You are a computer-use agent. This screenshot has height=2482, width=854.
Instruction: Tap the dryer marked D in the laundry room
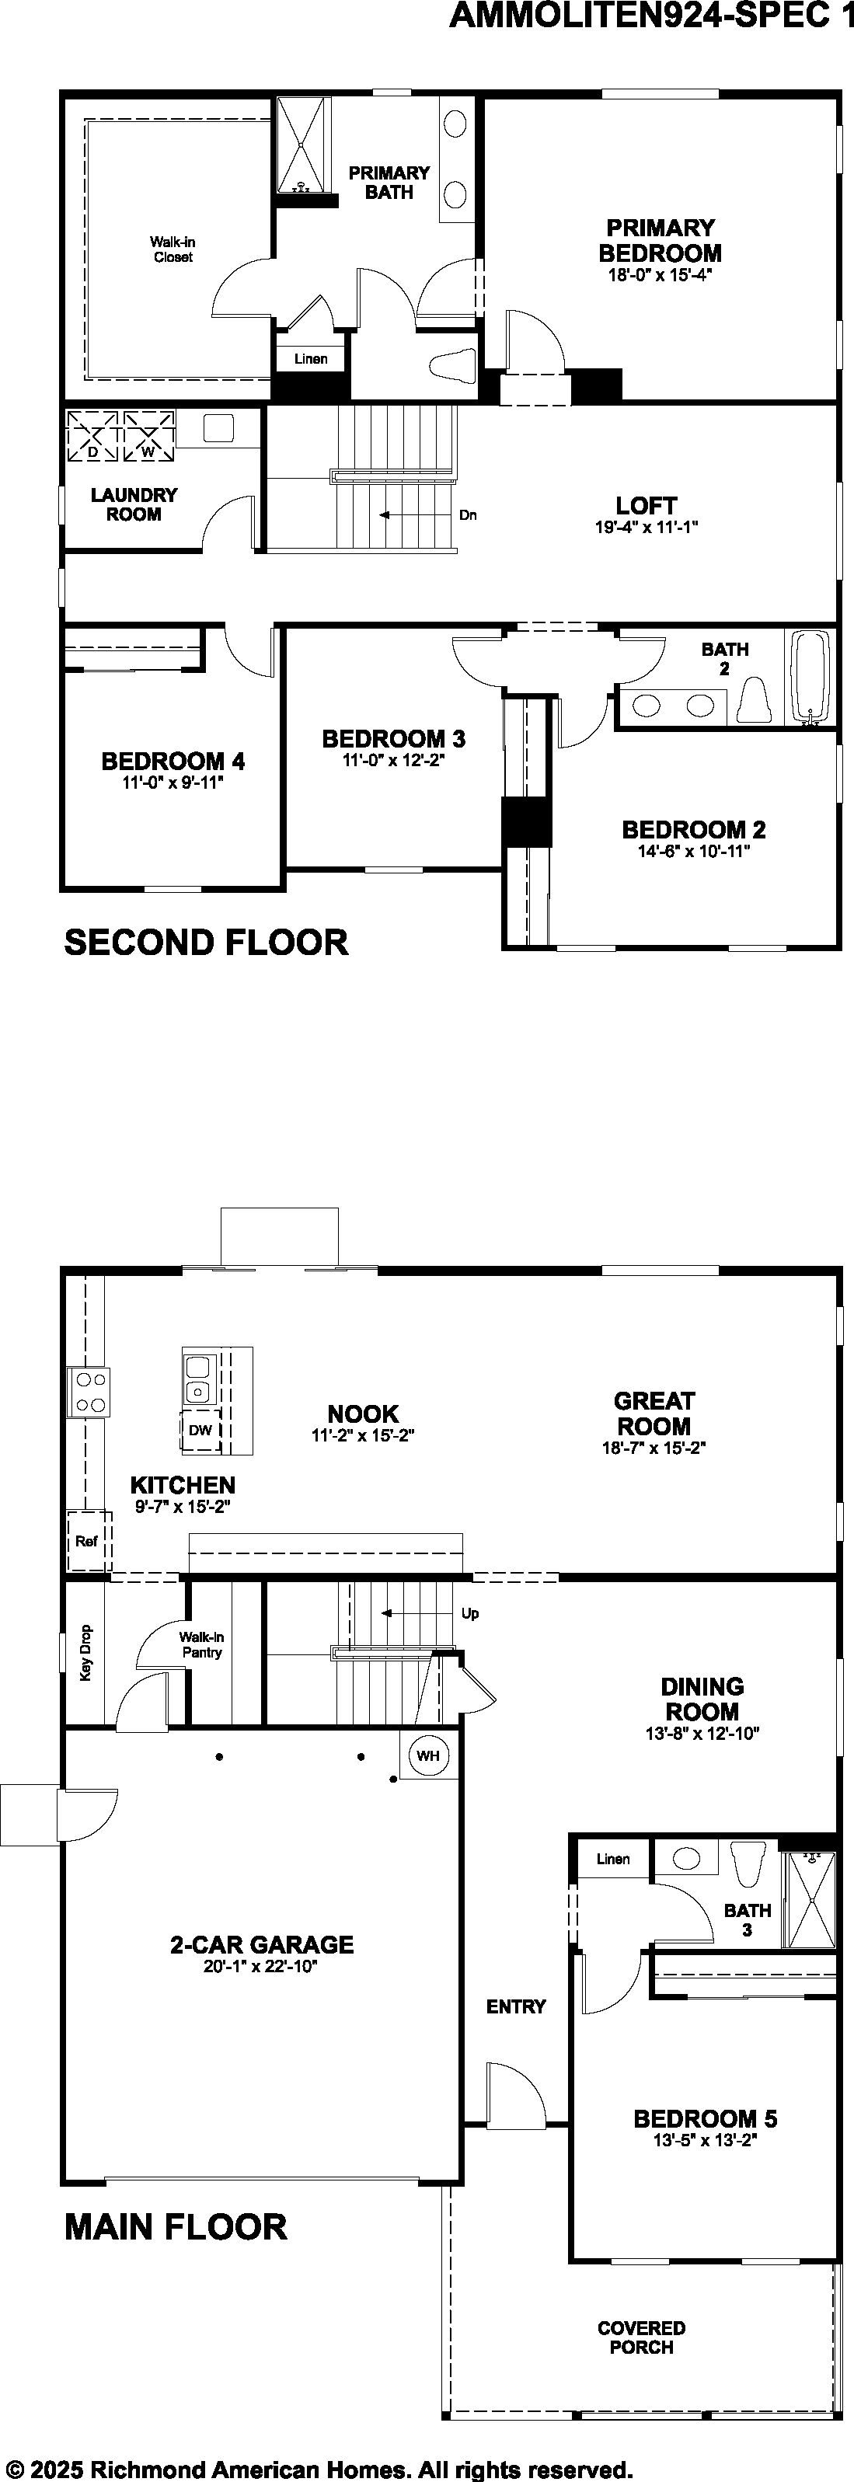92,437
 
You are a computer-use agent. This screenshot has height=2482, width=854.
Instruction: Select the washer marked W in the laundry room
148,437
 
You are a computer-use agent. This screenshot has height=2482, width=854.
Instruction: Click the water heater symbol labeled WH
428,1755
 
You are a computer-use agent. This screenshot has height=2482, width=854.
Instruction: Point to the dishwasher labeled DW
200,1430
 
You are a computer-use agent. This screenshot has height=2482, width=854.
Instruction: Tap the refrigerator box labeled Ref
88,1541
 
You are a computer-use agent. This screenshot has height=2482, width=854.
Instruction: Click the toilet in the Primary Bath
452,366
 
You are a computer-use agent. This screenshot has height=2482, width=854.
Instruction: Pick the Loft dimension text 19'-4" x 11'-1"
646,527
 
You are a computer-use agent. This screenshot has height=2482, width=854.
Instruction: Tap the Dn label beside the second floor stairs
469,515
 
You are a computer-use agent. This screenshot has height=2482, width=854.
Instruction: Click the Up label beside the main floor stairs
470,1613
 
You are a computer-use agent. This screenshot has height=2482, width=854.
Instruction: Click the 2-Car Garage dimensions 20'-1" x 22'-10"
260,1967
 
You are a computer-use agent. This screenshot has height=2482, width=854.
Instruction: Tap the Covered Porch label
641,2337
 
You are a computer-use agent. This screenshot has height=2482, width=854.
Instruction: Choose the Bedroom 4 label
173,762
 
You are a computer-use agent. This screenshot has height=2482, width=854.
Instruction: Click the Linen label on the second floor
310,358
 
